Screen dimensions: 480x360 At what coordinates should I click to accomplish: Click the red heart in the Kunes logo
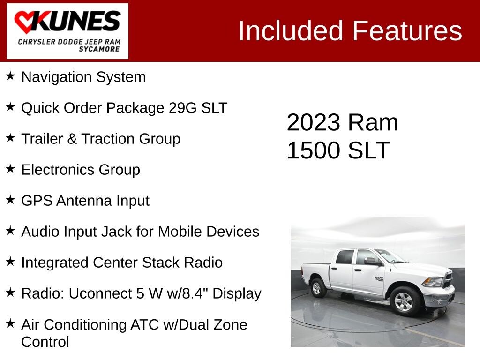(x=26, y=22)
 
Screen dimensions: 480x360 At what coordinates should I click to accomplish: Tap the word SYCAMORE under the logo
(x=99, y=49)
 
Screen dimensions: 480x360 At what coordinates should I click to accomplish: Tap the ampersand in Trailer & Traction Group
(x=72, y=139)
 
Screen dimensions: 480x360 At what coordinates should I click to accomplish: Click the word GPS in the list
(x=37, y=201)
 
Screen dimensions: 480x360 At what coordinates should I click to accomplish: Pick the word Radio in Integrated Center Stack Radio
(x=203, y=262)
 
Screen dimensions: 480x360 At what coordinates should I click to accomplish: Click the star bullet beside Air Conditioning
(x=10, y=323)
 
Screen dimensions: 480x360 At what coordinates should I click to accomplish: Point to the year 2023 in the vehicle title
(x=314, y=122)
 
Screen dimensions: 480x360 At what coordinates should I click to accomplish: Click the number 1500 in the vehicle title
(x=314, y=150)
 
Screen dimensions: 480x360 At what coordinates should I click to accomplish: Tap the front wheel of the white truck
(x=404, y=301)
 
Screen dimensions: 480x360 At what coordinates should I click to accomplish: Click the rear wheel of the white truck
(x=318, y=288)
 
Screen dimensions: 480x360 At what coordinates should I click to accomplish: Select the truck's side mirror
(x=372, y=261)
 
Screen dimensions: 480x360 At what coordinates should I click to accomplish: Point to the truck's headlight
(x=433, y=281)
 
